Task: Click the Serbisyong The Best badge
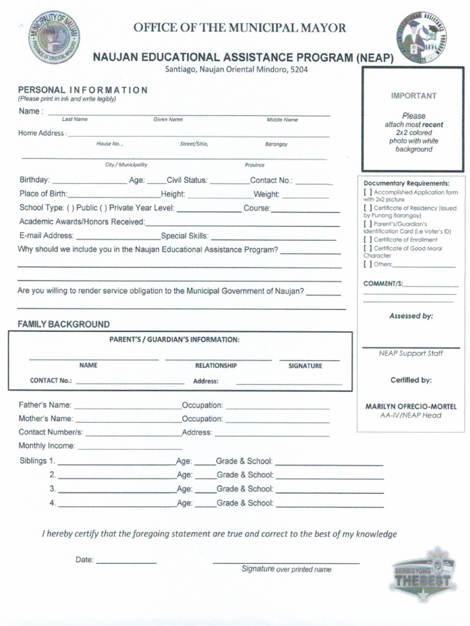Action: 425,573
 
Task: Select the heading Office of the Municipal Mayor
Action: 240,28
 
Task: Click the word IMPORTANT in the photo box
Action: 414,96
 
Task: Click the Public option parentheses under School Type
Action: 71,208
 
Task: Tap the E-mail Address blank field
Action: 117,237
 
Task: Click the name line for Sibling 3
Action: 117,490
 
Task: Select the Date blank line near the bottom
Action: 126,561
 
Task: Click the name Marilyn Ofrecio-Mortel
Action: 411,407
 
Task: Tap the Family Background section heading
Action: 64,324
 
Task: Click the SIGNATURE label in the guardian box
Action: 305,366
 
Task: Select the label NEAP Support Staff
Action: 411,353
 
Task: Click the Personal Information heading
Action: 83,90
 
